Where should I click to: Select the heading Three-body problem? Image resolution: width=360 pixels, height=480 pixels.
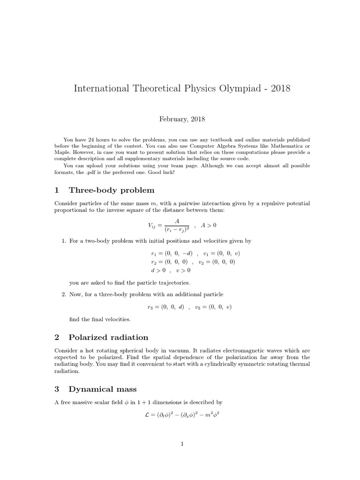pos(112,190)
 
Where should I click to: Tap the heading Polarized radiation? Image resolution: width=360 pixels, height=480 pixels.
pos(108,337)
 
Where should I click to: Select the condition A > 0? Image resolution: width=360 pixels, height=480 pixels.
pos(209,225)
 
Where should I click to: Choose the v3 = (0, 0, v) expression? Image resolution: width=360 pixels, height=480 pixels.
pos(213,307)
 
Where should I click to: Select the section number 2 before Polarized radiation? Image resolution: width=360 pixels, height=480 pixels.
pos(57,337)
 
